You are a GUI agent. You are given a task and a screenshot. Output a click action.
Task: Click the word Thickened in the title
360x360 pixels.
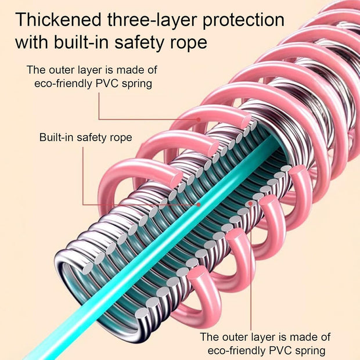tap(58, 20)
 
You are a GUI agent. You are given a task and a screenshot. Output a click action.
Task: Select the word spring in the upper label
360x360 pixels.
tap(136, 84)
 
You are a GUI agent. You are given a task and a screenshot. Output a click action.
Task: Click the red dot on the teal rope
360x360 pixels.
tap(199, 204)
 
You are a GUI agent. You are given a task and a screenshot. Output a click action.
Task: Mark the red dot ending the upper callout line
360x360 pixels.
tap(199, 120)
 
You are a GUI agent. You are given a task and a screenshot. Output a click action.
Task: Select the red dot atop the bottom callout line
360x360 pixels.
tap(251, 203)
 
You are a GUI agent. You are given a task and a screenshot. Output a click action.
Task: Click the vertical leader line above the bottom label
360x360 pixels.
tap(251, 267)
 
